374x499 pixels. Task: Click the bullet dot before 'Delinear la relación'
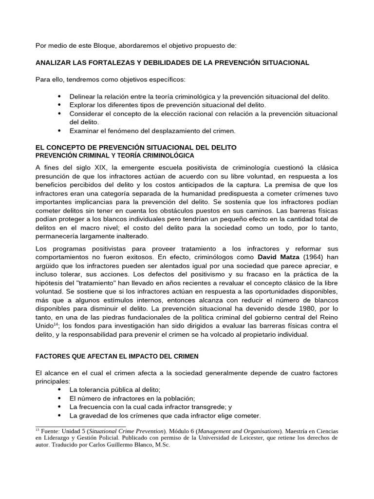pos(59,97)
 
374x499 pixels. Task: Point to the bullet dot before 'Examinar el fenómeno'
pos(59,131)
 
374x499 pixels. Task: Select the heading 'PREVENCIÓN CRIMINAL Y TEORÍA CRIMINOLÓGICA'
pos(115,155)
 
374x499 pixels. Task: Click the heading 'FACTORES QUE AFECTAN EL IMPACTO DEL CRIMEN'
pos(117,356)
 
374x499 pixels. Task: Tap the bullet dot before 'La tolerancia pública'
pos(59,390)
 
